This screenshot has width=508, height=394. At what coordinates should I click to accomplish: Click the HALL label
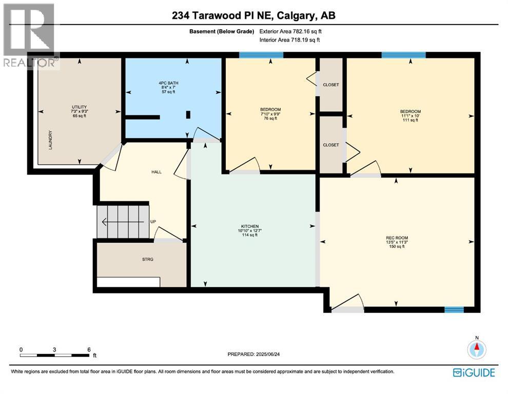point(157,172)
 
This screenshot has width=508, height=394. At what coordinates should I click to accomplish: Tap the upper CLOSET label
point(331,85)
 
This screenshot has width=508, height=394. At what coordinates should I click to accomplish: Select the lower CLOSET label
point(331,145)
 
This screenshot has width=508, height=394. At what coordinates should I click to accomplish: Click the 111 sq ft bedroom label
point(411,116)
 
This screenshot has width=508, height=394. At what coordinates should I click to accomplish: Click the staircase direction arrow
point(123,222)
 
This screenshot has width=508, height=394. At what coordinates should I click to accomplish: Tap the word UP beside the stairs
point(153,222)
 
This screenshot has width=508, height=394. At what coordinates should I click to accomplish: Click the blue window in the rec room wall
point(454,309)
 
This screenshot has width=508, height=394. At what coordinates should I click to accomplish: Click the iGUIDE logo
point(474,372)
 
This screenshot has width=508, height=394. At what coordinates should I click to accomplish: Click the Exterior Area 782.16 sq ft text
point(291,31)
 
